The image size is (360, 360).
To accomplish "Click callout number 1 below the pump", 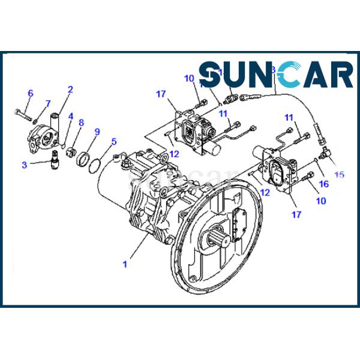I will (x=124, y=263).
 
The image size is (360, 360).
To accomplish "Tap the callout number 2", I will (x=70, y=90).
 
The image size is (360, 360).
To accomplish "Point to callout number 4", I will (x=70, y=116).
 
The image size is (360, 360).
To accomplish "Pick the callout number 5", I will (x=113, y=142).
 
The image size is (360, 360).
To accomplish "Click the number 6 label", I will (x=30, y=93).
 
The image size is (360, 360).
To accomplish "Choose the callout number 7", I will (x=48, y=104).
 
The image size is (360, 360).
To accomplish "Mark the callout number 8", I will (x=81, y=123).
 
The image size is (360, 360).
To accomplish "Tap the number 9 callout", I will (x=97, y=131).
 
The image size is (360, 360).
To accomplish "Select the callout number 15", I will (x=340, y=175).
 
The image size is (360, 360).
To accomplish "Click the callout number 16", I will (x=324, y=184).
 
